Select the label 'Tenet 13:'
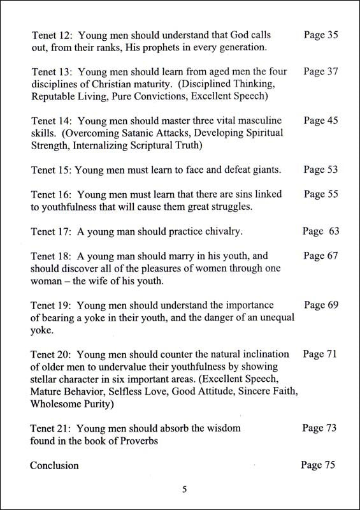point(51,72)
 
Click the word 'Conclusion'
point(54,465)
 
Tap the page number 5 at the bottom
point(184,490)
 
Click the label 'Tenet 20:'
point(51,354)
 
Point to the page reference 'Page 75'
point(317,465)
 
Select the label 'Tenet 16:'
point(51,194)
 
